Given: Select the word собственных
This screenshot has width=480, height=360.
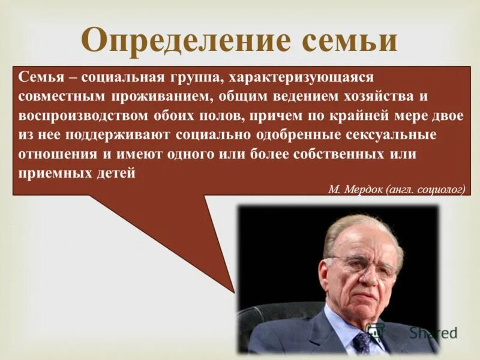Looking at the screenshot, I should (x=338, y=154).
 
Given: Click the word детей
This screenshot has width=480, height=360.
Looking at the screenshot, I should (x=116, y=173).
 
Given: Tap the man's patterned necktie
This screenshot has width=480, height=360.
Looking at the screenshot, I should (x=362, y=342).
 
